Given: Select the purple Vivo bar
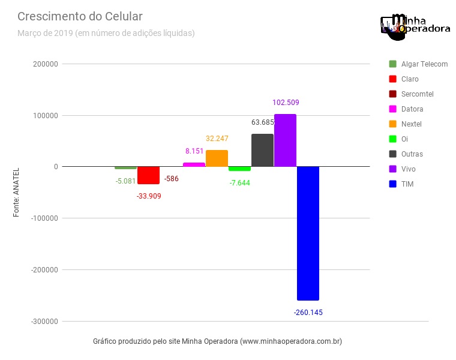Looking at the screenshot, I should [x=285, y=140].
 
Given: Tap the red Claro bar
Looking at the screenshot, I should [x=148, y=175].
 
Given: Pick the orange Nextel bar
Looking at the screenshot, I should [x=217, y=158].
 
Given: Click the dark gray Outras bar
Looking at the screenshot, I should [x=262, y=150].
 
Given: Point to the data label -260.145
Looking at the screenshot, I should [x=308, y=313].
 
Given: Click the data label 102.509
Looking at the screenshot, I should [x=286, y=103].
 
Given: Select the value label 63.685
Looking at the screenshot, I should [x=262, y=122].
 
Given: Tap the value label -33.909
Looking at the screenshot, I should [x=149, y=196].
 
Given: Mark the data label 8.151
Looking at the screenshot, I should [x=194, y=151].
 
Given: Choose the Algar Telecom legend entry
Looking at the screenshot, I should [x=418, y=64].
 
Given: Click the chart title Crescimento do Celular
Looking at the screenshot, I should [x=80, y=16].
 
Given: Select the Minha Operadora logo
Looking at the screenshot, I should [x=415, y=26].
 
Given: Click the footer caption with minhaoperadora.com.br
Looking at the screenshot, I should [x=217, y=341].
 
